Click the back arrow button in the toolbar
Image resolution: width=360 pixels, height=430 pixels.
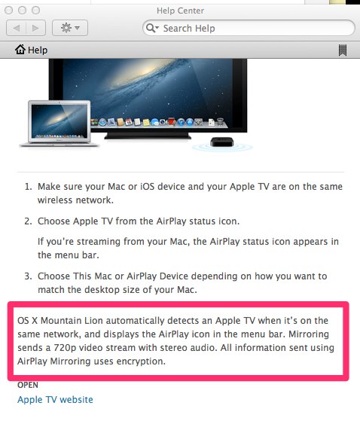coord(16,28)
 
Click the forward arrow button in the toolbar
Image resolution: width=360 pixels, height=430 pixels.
coord(35,28)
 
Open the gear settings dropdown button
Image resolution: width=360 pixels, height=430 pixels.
coord(70,28)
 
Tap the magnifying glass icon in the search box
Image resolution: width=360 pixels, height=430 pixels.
coord(151,28)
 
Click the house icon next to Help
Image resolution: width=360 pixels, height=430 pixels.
coord(20,50)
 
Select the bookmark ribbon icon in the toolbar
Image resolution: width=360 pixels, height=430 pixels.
coord(343,50)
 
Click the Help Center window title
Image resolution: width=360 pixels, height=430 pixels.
coord(180,11)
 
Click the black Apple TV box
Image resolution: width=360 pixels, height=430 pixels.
coord(222,142)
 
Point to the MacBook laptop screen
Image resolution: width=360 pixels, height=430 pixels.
coord(59,121)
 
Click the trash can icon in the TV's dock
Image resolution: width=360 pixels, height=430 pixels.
coord(220,121)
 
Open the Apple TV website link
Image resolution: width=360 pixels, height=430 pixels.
coord(55,400)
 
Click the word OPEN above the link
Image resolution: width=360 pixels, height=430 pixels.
coord(28,385)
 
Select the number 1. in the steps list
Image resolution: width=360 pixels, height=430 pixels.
coord(29,187)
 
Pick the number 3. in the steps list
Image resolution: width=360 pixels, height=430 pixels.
coord(29,276)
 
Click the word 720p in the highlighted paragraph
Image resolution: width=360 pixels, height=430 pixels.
coord(65,348)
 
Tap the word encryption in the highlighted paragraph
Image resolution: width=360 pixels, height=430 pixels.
coord(141,361)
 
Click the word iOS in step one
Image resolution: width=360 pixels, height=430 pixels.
coord(148,187)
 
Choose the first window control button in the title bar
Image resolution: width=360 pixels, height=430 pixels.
coord(9,11)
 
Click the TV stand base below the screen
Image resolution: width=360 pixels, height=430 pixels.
coord(148,136)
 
